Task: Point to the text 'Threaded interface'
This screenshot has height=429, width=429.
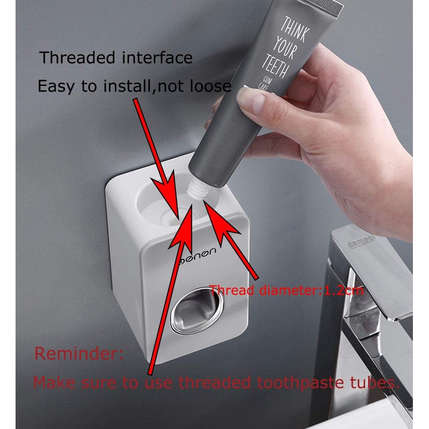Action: tap(116, 58)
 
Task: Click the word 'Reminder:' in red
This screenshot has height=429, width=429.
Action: tap(79, 354)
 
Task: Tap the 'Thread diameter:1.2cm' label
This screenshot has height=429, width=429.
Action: tap(286, 291)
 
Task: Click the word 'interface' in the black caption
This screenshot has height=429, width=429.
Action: tap(155, 58)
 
